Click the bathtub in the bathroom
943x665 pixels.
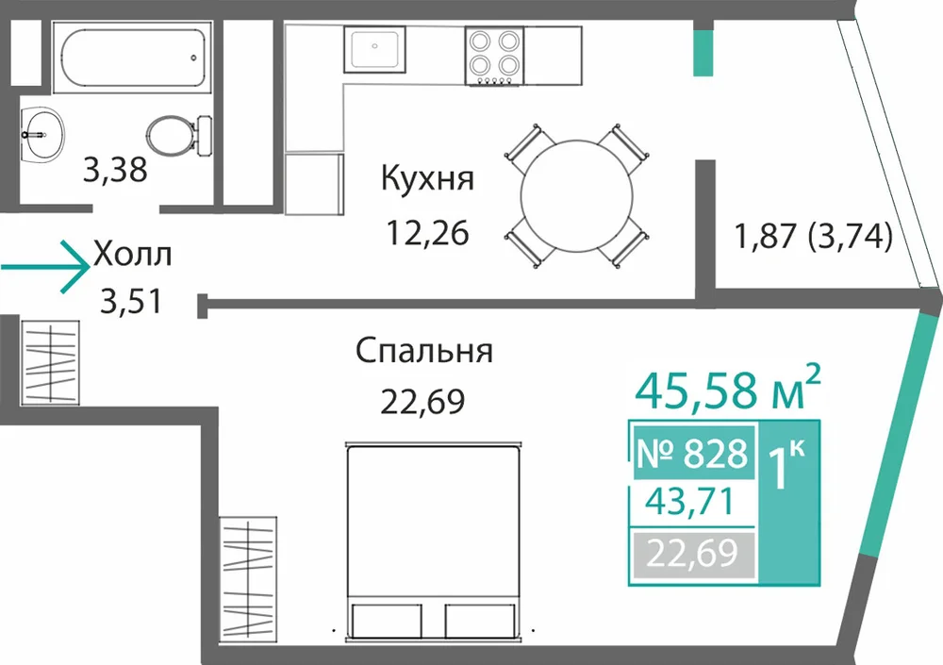point(132,58)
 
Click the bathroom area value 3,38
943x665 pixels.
point(115,170)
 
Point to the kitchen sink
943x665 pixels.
point(374,48)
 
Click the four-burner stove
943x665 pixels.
point(494,56)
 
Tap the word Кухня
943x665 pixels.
point(427,178)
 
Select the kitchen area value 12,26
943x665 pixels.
point(427,233)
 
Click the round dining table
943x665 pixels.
point(577,196)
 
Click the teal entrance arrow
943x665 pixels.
point(45,267)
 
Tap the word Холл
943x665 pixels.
point(132,254)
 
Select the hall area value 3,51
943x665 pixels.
point(131,302)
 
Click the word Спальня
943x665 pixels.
point(424,350)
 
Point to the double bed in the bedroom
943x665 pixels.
point(433,540)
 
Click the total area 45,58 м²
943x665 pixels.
point(727,389)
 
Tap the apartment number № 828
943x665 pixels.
point(692,453)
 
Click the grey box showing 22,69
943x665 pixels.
point(692,554)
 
